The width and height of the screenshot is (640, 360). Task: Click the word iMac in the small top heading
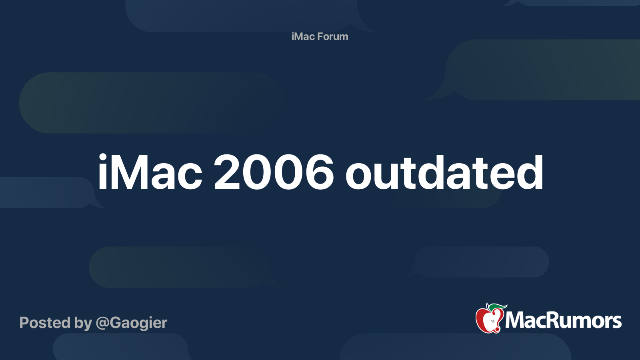pyautogui.click(x=303, y=36)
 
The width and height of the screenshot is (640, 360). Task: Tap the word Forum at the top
pyautogui.click(x=333, y=36)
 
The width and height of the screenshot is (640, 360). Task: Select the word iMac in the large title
pyautogui.click(x=150, y=173)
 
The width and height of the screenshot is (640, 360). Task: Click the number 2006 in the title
pyautogui.click(x=274, y=173)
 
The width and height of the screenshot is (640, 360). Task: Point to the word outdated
pyautogui.click(x=444, y=173)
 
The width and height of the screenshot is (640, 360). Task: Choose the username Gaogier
pyautogui.click(x=138, y=323)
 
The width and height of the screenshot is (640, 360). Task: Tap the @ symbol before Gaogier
pyautogui.click(x=102, y=323)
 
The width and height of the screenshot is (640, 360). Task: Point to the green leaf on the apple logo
pyautogui.click(x=497, y=307)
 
